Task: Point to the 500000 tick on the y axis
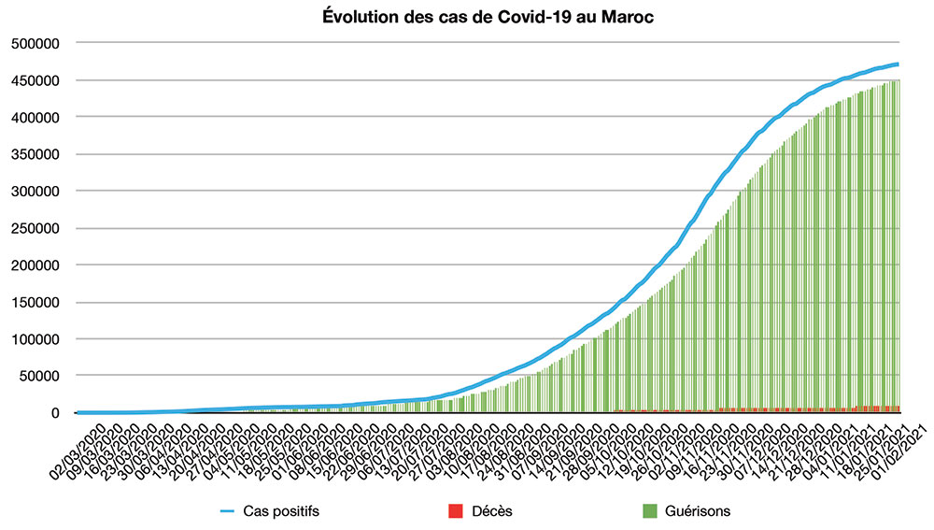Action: pos(35,43)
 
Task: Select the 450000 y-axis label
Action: pos(35,80)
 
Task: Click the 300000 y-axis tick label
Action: pos(35,191)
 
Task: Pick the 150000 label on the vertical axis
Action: pos(35,302)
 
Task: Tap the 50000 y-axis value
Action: pos(39,376)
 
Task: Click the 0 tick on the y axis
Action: pos(56,412)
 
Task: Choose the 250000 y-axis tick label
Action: pos(35,228)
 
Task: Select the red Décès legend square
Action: pos(456,510)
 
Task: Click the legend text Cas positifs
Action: pos(276,510)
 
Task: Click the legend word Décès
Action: pos(492,510)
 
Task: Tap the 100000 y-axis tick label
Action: pos(35,338)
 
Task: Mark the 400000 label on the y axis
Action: pos(35,117)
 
